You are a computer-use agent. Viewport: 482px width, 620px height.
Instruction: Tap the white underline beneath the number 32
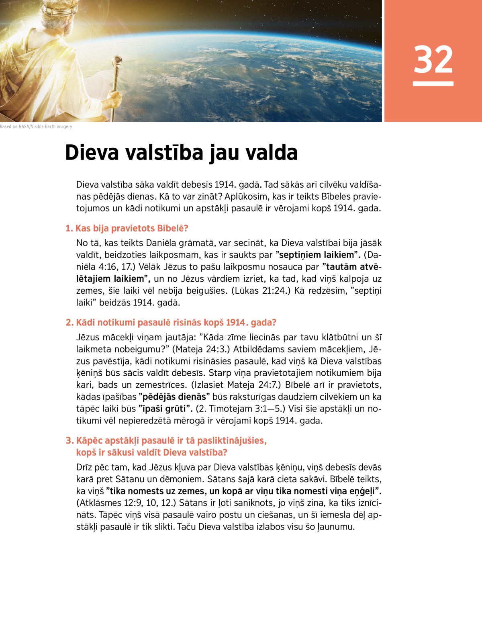(x=433, y=84)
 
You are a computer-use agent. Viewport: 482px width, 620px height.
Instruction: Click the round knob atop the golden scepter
(x=118, y=61)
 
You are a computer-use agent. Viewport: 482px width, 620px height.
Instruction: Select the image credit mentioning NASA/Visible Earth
(x=36, y=127)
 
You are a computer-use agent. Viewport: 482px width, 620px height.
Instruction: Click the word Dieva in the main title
(x=92, y=153)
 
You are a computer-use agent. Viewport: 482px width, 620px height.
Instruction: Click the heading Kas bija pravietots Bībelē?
(x=127, y=228)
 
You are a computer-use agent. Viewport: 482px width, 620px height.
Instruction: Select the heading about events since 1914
(x=171, y=323)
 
